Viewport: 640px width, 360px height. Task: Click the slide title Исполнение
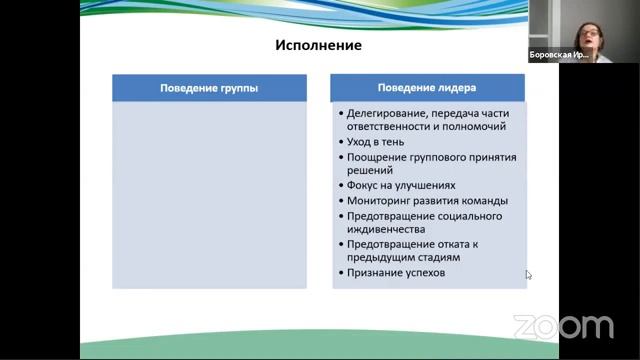318,46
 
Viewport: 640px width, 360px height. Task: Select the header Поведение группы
209,88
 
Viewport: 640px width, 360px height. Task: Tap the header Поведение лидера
427,88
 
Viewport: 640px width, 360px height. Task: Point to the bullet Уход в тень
376,142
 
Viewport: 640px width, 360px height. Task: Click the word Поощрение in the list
379,157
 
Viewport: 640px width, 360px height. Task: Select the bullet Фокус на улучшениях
401,185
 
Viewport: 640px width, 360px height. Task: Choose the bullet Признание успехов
396,273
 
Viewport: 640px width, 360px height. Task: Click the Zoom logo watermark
563,327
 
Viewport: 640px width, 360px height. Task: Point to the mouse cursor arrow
529,275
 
